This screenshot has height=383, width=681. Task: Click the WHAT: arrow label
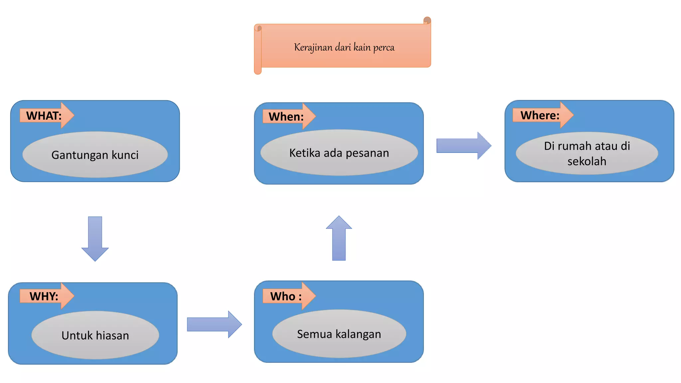[x=44, y=116]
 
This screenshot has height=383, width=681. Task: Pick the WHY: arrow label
[x=44, y=296]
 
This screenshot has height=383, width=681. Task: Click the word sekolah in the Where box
[x=587, y=162]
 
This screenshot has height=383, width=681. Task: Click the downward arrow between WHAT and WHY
[x=95, y=239]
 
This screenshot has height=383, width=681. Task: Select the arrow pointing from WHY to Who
[x=214, y=324]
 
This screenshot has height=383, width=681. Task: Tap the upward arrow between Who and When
[x=339, y=238]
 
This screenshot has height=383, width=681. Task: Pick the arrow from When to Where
[x=464, y=146]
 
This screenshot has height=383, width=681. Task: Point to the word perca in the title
[x=384, y=48]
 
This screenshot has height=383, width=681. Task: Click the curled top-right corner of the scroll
[x=427, y=21]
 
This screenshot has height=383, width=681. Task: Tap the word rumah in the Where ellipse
[x=575, y=146]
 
